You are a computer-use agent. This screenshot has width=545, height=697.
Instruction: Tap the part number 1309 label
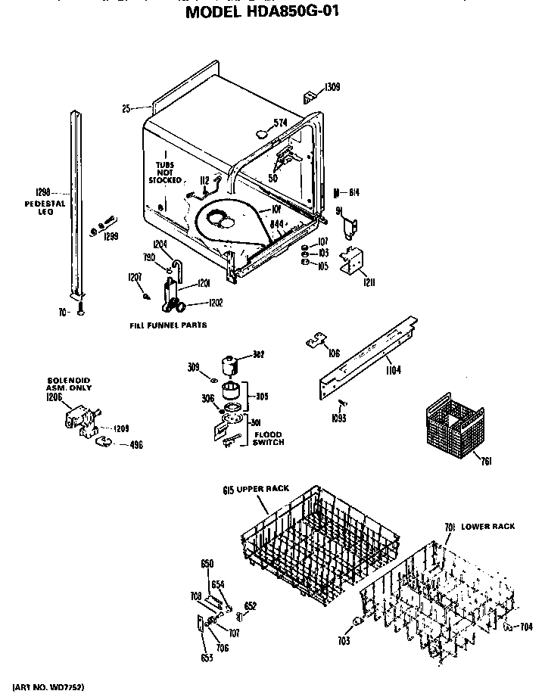click(x=332, y=87)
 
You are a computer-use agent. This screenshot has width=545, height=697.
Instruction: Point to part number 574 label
click(x=281, y=123)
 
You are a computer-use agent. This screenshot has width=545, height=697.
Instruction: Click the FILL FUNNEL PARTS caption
click(x=168, y=325)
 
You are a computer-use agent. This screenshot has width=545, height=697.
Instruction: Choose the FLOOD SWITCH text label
click(x=269, y=438)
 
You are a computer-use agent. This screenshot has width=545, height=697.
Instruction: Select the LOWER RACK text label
click(x=489, y=525)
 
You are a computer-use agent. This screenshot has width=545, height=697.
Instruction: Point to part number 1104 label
click(x=392, y=370)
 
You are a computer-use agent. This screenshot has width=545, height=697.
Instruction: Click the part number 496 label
click(x=134, y=445)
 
